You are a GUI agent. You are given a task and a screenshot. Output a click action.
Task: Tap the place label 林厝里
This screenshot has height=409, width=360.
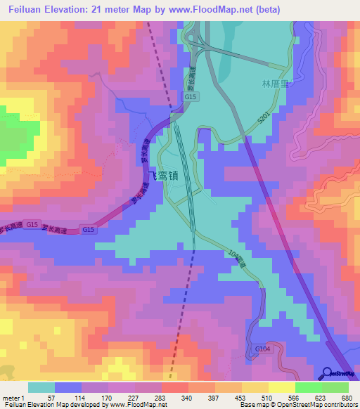point(275,84)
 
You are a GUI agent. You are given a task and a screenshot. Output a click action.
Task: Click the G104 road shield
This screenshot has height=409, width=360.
point(262,348)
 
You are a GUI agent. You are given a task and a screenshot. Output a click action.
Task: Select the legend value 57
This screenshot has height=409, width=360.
point(51,397)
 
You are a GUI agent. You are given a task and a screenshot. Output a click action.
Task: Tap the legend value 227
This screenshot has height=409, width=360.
point(134,397)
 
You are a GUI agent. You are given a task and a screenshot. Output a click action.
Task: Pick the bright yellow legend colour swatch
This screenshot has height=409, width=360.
point(281,387)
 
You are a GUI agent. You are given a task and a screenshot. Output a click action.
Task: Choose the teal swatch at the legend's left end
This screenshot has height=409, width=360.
point(41,387)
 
